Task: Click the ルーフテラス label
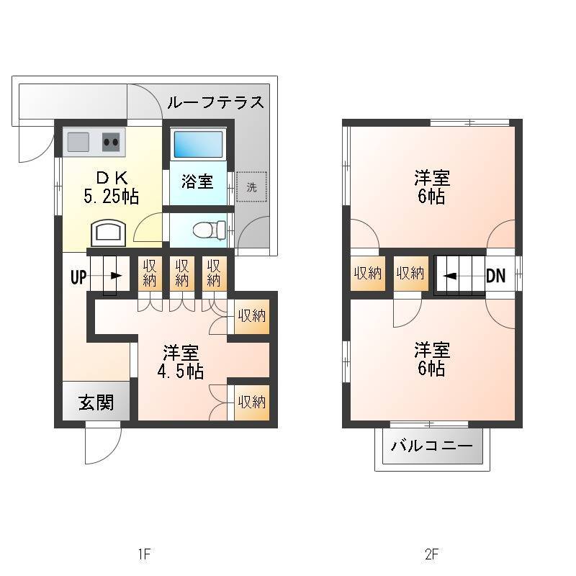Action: (215, 102)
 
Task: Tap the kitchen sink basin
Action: (78, 142)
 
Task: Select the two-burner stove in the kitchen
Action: (111, 142)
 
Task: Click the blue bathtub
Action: (199, 144)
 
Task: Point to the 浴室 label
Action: (197, 181)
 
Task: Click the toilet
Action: (210, 230)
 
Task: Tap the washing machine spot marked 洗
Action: (251, 187)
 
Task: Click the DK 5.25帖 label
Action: (112, 188)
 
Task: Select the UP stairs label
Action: (78, 277)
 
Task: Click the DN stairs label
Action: (495, 276)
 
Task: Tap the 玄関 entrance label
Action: (96, 402)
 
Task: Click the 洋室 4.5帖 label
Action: (181, 362)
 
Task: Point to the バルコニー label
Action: (431, 446)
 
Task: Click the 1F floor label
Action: (145, 554)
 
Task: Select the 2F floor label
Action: (431, 554)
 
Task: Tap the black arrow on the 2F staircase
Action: (450, 276)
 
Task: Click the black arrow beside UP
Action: (116, 276)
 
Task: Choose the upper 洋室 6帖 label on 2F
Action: (431, 187)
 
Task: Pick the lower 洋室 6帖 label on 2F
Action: (431, 359)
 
